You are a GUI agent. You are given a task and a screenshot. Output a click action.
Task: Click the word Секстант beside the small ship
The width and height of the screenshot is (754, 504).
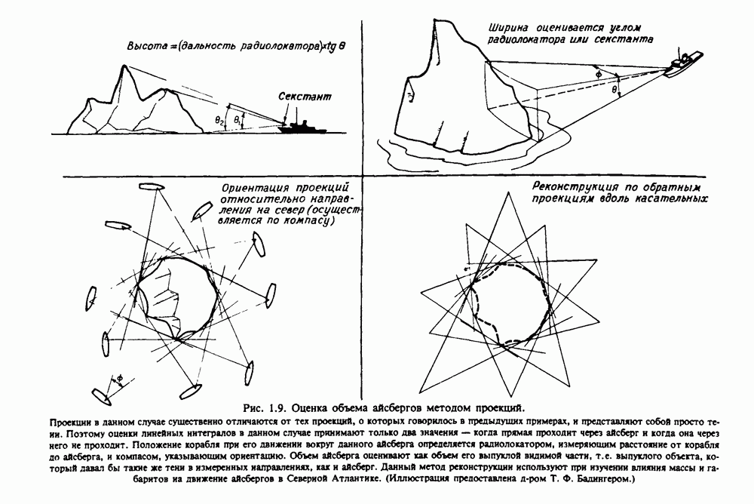coord(304,98)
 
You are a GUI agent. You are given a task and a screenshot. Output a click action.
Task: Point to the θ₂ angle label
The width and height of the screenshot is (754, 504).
coord(219,119)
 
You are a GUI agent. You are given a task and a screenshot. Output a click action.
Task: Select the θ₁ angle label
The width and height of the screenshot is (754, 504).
coord(238,120)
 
